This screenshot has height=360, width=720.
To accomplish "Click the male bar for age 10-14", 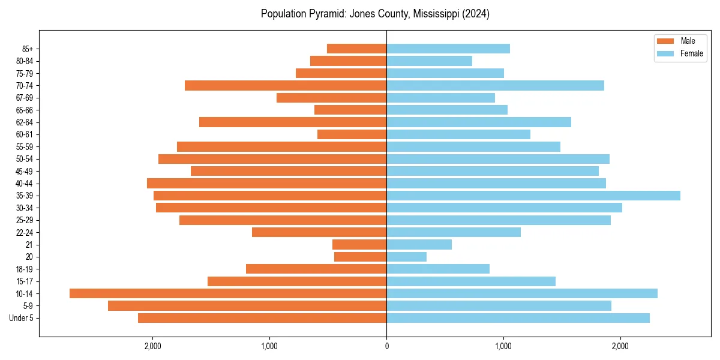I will coord(228,293).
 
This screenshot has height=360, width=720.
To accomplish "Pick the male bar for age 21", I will coord(359,245).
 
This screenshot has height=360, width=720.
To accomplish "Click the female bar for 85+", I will coord(448,49).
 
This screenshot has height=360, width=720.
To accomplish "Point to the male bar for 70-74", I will coord(286,85).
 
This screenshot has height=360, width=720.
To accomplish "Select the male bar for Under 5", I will coord(262,318).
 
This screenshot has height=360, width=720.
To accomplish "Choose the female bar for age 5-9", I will coord(499,306).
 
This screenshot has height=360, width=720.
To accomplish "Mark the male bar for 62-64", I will coord(293,122).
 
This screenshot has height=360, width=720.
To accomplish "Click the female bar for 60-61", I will coord(458,134).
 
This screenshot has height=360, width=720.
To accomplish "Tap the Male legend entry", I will coord(678,41).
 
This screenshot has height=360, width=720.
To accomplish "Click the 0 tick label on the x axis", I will coord(386,346).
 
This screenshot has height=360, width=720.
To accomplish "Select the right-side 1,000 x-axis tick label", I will coord(503,346).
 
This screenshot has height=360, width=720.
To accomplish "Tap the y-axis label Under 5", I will coord(22,318).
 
